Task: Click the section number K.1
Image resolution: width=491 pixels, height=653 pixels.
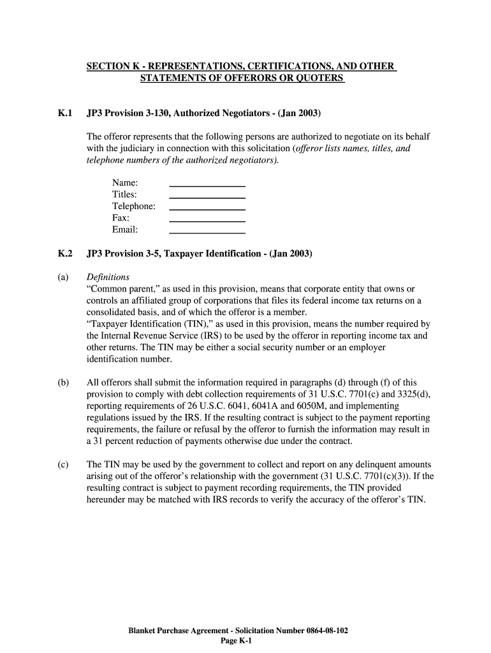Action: (x=64, y=114)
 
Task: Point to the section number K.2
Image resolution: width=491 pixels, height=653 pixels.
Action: (x=64, y=253)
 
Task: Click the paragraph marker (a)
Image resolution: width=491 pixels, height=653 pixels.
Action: (x=63, y=277)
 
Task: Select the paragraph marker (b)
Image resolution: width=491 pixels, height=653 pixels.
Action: (x=63, y=383)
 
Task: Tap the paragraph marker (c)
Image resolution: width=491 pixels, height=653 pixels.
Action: (x=63, y=465)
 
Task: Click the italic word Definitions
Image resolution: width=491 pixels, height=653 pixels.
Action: (x=108, y=277)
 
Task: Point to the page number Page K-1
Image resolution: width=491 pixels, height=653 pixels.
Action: (x=237, y=642)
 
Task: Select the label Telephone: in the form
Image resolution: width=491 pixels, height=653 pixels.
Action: (x=134, y=207)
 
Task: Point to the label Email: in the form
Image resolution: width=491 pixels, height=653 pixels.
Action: (x=125, y=230)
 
